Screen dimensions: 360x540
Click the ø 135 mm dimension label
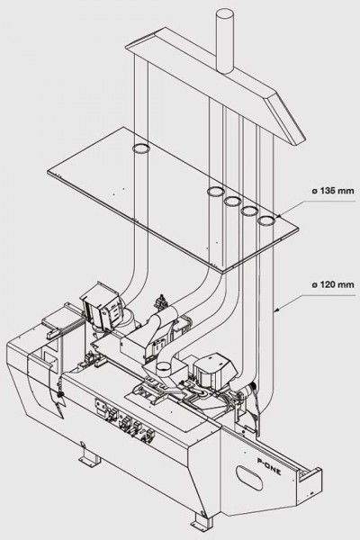(333, 191)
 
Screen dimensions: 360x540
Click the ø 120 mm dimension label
(333, 284)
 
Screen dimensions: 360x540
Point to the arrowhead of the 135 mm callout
(278, 217)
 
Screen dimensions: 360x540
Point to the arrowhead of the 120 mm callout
(277, 310)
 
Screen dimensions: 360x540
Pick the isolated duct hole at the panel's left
(141, 148)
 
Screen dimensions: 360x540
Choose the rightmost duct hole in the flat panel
(266, 220)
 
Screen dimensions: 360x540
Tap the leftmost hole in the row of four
(216, 191)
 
